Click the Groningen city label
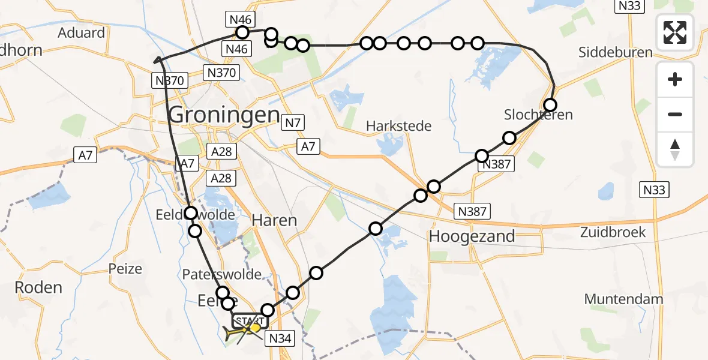224,115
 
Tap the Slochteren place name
538,114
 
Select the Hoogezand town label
472,236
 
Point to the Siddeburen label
615,52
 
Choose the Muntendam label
623,299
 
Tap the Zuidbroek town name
613,232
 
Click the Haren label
274,220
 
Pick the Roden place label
38,287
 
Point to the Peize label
125,268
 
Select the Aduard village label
81,32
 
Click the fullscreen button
676,32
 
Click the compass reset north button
676,149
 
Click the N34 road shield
280,338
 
